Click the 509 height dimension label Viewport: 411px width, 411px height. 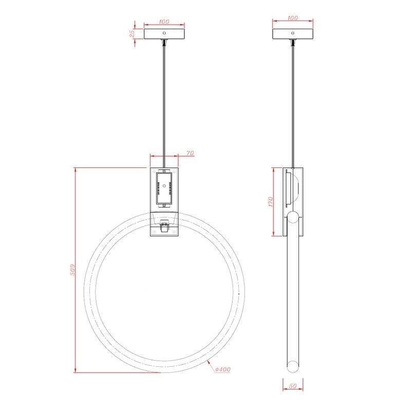pos(72,270)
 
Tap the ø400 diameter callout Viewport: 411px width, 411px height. pos(222,369)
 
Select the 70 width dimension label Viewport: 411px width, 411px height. pos(190,153)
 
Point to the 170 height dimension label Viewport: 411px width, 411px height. pos(271,201)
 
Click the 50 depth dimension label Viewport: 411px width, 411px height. pos(292,386)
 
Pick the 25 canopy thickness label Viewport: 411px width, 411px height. pos(132,33)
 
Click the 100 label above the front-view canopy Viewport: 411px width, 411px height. pos(164,22)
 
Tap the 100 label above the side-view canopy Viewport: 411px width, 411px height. pos(292,18)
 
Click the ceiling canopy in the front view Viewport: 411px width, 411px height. pos(164,34)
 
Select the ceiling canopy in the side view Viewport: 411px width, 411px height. pos(293,34)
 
